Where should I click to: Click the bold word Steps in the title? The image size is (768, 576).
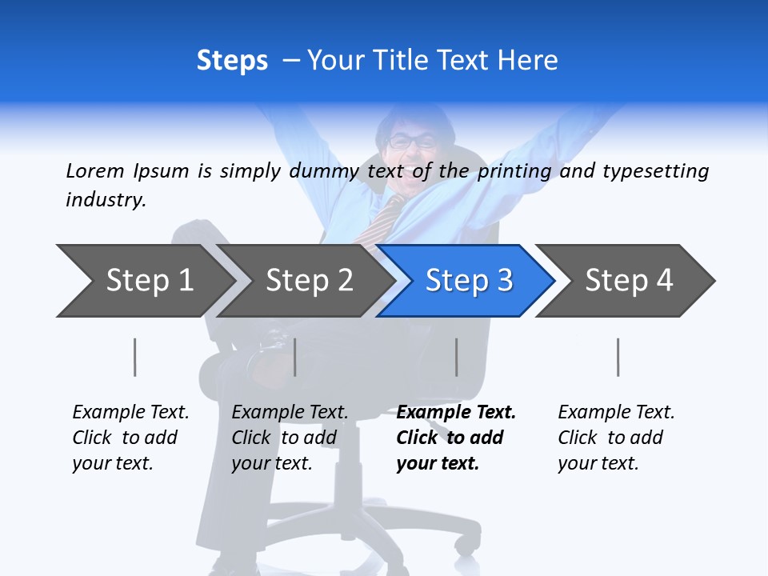[x=232, y=60]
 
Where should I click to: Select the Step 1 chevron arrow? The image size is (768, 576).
[x=144, y=281]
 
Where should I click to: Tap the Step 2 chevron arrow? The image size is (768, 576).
[x=304, y=281]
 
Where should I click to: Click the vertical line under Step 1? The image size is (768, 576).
[x=135, y=357]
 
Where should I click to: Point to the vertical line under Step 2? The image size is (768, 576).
[x=295, y=357]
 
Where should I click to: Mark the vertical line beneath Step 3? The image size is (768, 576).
[x=456, y=357]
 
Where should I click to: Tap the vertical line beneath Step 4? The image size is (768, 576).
[x=618, y=357]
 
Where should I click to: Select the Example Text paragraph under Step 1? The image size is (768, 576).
[x=130, y=438]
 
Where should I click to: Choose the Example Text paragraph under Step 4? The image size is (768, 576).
[x=615, y=438]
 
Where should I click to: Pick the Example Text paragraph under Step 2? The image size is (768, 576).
[x=289, y=438]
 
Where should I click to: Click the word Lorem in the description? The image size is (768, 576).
[x=95, y=170]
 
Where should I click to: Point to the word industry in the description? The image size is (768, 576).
[x=105, y=200]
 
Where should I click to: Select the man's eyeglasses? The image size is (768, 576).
[x=412, y=142]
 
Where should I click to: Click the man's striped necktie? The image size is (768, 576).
[x=381, y=220]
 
